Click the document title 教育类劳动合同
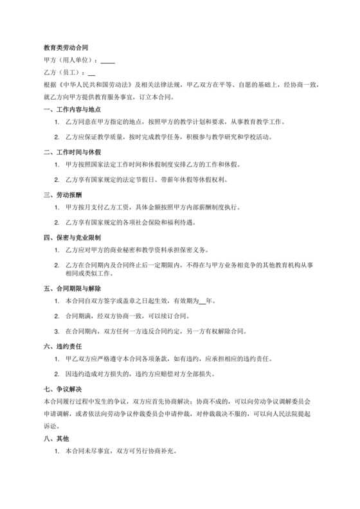[x=66, y=48]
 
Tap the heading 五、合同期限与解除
[x=72, y=289]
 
